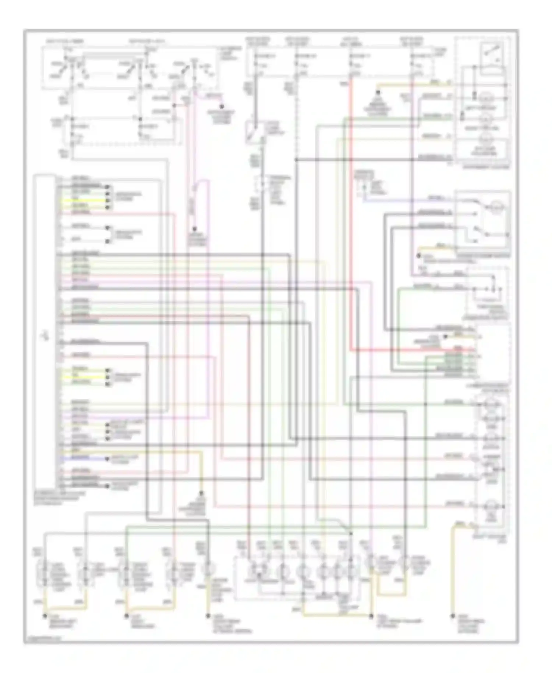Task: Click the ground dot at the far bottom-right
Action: coord(452,615)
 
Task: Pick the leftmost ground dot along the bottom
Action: coord(45,615)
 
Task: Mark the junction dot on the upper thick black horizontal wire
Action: coord(296,159)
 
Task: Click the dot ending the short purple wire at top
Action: coord(222,107)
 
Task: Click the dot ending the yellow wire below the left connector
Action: coord(201,493)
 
